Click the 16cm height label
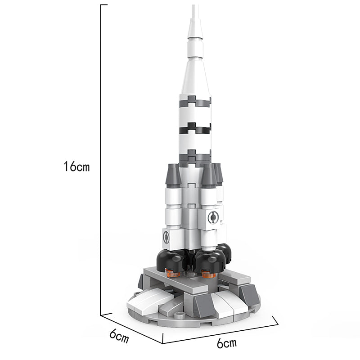click(x=76, y=166)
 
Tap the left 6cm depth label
click(x=119, y=336)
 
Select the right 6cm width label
click(x=227, y=343)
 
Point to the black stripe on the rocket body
click(x=195, y=129)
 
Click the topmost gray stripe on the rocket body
click(x=195, y=102)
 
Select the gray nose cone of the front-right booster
click(x=209, y=175)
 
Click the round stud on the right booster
click(x=213, y=217)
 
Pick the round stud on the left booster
click(x=166, y=237)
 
